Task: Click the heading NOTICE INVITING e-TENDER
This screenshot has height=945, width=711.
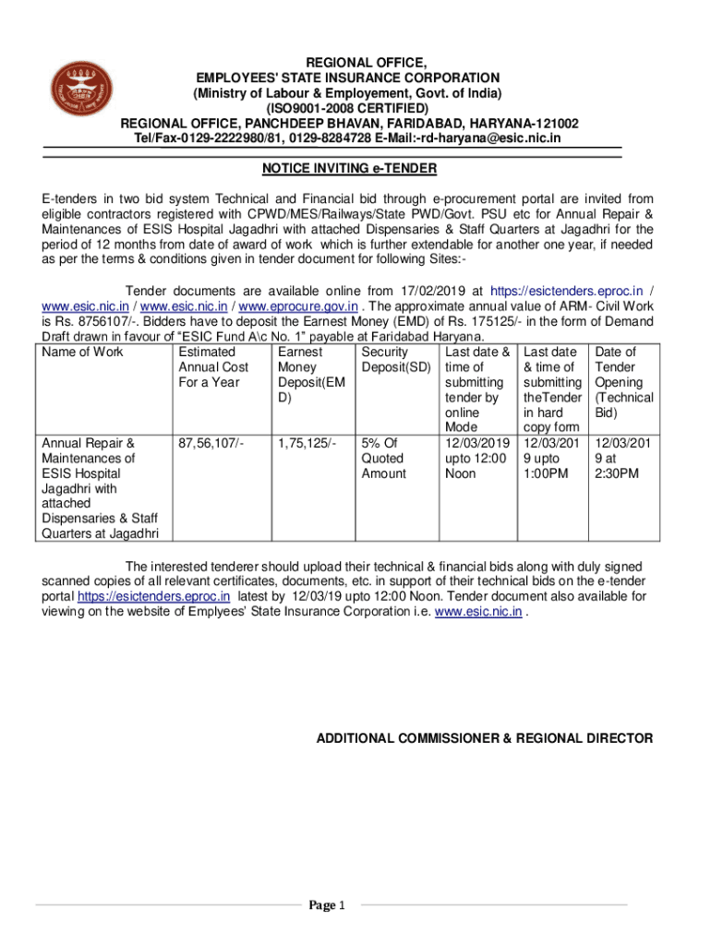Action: click(x=336, y=169)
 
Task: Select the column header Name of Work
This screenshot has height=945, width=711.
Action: click(x=83, y=353)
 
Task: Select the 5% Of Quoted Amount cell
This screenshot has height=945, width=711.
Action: click(x=383, y=458)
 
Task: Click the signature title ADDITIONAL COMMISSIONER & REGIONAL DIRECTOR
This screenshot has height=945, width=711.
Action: click(x=485, y=739)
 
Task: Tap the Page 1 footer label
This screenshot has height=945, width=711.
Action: click(x=328, y=905)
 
